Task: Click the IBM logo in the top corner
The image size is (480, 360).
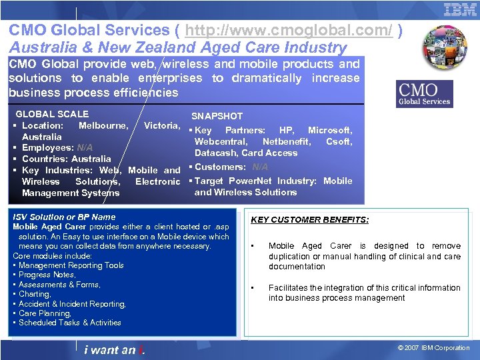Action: [x=460, y=9]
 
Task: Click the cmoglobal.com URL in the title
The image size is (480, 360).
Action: [x=289, y=31]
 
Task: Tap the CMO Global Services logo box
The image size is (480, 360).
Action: [x=425, y=94]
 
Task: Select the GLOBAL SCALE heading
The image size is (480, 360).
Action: [x=52, y=115]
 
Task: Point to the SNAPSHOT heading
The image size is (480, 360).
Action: [x=217, y=116]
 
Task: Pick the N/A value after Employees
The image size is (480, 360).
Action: [x=85, y=147]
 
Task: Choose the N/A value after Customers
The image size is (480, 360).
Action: [x=260, y=167]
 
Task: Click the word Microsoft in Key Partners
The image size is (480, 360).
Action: [x=330, y=131]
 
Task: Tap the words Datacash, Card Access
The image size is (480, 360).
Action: [x=246, y=153]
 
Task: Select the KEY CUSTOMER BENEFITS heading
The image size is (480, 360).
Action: [x=309, y=220]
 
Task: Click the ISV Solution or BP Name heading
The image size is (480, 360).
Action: [x=64, y=217]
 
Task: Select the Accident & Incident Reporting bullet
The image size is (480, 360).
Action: [x=72, y=304]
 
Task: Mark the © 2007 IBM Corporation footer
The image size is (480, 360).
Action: [x=433, y=348]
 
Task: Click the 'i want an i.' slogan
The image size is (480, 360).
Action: [x=115, y=349]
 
